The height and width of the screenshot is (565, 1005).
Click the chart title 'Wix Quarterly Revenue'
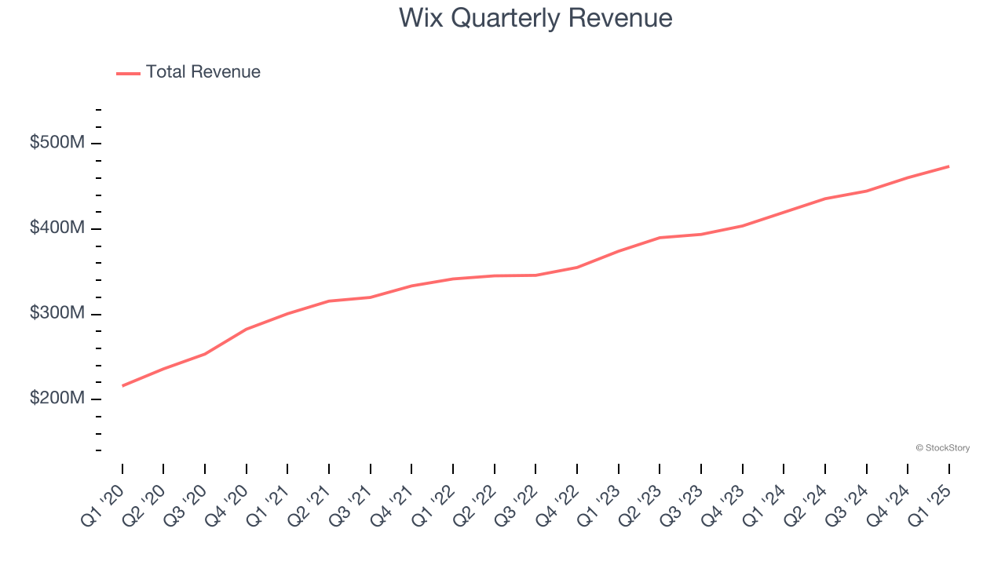535,17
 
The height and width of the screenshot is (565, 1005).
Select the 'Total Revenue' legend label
203,72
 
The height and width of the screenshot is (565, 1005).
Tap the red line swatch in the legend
128,73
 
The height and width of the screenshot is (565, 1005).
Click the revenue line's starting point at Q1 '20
122,385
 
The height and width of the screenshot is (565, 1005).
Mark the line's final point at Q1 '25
948,166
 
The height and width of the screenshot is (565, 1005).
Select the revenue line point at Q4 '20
247,329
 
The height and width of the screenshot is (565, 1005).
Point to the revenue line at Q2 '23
660,238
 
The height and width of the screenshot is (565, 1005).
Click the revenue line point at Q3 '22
535,275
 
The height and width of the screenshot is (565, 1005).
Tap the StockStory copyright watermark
942,448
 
